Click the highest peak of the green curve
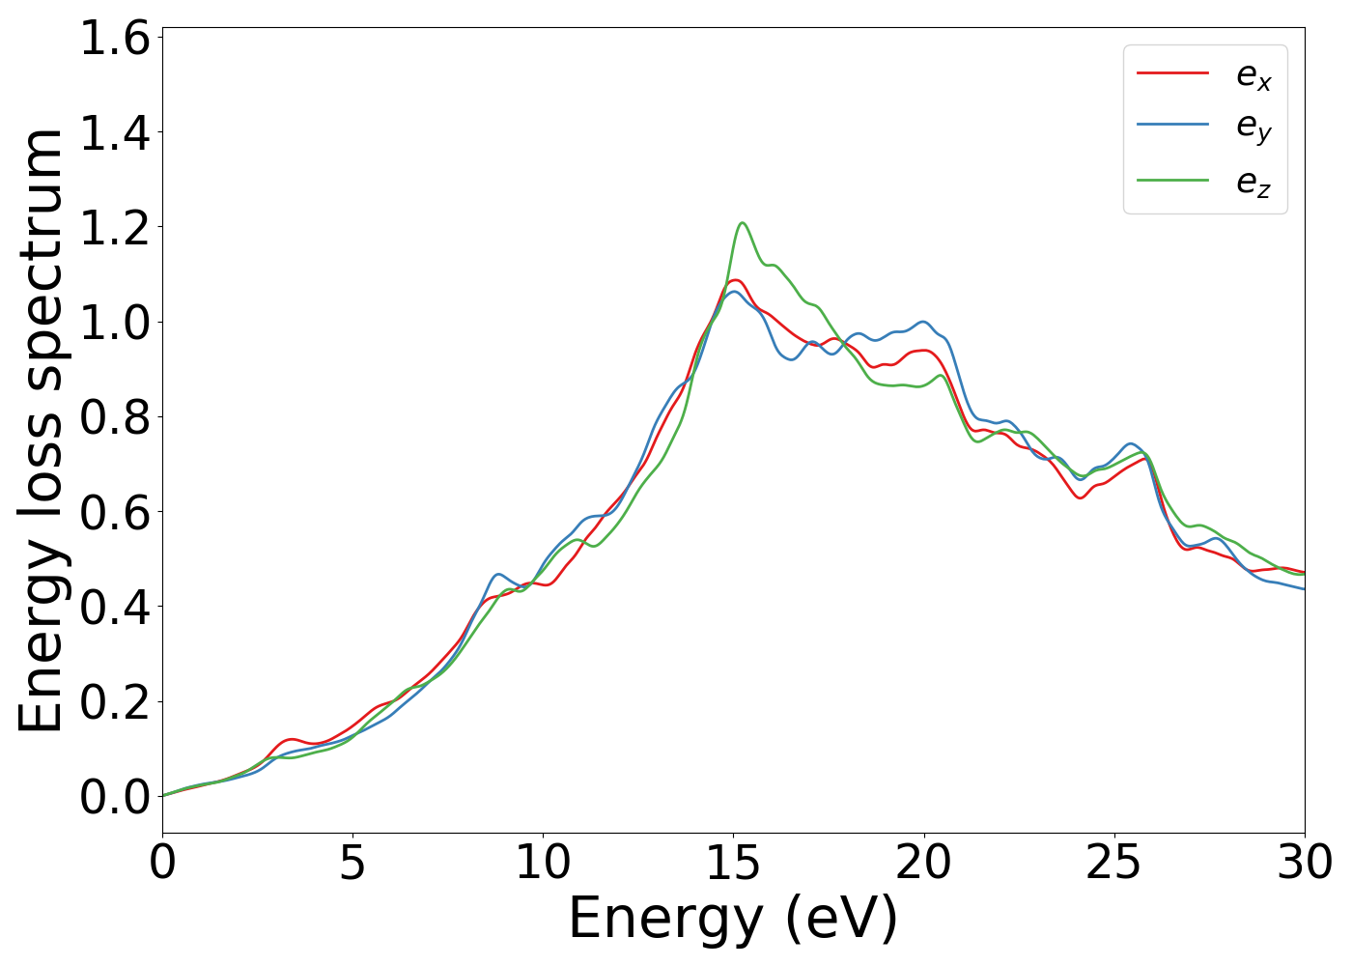[x=742, y=223]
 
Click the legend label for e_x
[x=1253, y=75]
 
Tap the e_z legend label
[x=1253, y=183]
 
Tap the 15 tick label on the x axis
[x=733, y=863]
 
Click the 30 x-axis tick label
[x=1305, y=863]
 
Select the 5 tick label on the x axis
[x=352, y=863]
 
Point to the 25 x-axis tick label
[x=1114, y=863]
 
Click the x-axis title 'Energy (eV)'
[x=733, y=919]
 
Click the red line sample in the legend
[x=1172, y=72]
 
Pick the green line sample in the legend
[x=1172, y=180]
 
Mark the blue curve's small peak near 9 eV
[x=498, y=574]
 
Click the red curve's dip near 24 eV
[x=1080, y=497]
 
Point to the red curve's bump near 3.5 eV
[x=292, y=739]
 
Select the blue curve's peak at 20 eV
[x=924, y=322]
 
